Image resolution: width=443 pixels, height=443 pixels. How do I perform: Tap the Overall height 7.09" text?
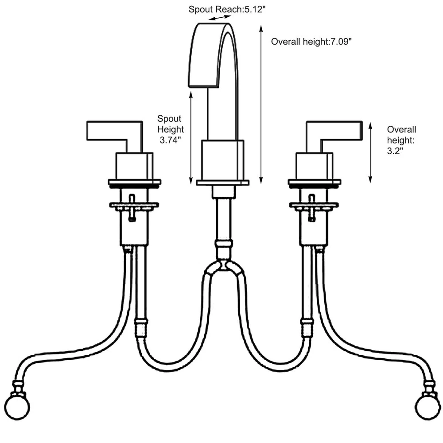point(311,42)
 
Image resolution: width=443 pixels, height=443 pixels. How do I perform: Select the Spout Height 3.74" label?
point(171,129)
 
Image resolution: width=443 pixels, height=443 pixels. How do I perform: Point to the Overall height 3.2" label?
point(401,140)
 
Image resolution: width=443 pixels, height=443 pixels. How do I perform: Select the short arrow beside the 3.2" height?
point(370,152)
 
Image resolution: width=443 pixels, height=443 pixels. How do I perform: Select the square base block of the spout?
point(222,160)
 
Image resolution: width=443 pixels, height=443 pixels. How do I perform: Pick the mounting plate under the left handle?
point(134,182)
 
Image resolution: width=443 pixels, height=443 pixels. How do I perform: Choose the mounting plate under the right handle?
point(314,182)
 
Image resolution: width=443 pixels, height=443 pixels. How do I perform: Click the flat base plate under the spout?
point(222,182)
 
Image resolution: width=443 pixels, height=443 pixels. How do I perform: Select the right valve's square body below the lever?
point(314,166)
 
